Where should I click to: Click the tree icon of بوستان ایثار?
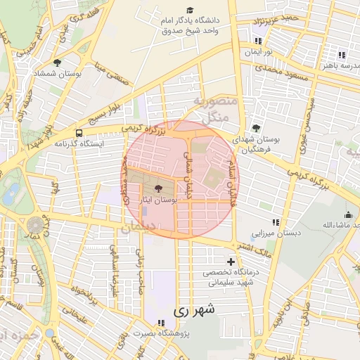tap(157, 188)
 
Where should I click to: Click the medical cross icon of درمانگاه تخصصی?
tap(231, 262)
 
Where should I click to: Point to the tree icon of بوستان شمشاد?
tap(58, 63)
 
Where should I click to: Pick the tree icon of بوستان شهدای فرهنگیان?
tap(256, 128)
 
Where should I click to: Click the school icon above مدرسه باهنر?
tap(342, 55)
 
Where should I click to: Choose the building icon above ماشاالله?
tap(347, 215)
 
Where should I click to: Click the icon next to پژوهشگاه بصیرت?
tap(162, 323)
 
